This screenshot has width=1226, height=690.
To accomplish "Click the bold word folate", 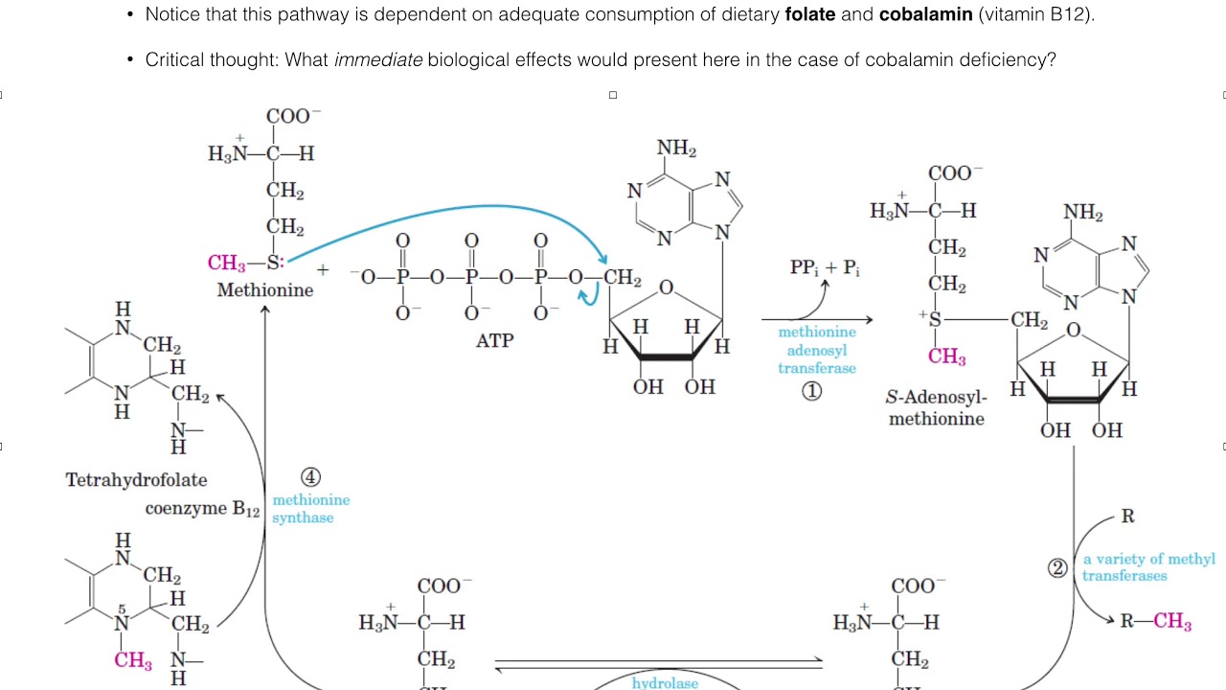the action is (810, 14).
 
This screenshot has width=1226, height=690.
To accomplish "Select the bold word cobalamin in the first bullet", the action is (926, 14).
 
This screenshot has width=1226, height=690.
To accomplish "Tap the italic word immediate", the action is (378, 59).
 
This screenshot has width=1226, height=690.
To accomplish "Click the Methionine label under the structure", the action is (265, 289).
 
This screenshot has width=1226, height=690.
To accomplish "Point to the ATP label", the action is (495, 340).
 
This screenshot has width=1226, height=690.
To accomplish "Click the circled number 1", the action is (811, 391).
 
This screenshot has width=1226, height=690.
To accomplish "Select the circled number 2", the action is (1057, 568).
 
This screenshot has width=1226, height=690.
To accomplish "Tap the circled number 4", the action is (310, 477).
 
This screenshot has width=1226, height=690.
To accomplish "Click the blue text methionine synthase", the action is (311, 508).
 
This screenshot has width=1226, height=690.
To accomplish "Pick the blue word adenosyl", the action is (817, 350).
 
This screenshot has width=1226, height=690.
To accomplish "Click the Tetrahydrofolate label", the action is (136, 480).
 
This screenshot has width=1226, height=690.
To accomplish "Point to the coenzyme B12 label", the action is (202, 509).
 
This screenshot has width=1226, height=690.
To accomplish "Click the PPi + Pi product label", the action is (825, 267).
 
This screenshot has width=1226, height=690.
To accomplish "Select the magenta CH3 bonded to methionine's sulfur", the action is (226, 263).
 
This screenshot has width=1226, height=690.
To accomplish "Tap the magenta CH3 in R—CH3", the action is (1172, 621).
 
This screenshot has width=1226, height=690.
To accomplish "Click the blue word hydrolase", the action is (665, 683).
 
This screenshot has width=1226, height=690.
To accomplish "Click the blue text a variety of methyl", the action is (1148, 559).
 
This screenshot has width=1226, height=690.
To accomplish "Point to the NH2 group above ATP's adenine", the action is (676, 148).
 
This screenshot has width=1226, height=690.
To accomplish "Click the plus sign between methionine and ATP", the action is (323, 269).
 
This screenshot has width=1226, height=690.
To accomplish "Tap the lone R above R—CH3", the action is (1127, 516).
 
